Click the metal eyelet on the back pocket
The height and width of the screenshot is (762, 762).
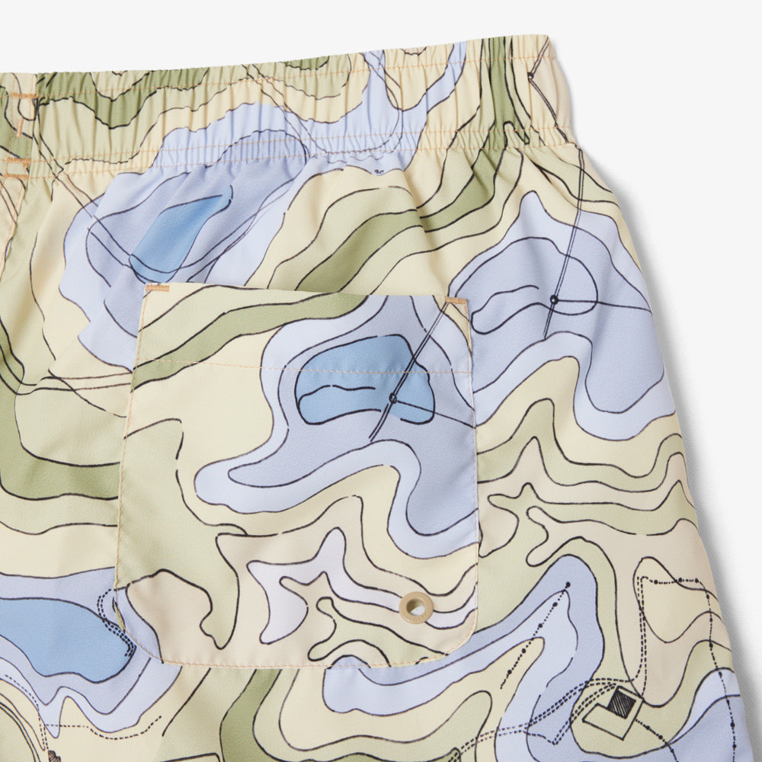415,605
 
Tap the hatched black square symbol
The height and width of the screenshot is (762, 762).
622,702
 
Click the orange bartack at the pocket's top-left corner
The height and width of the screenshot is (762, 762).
158,289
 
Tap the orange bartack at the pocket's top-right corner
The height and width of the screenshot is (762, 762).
456,301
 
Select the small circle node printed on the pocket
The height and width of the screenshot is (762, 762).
393,398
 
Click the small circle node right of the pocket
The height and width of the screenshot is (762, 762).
554,300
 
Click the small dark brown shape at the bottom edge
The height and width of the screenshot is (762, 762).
54,757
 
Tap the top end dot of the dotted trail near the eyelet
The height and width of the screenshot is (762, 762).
567,585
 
